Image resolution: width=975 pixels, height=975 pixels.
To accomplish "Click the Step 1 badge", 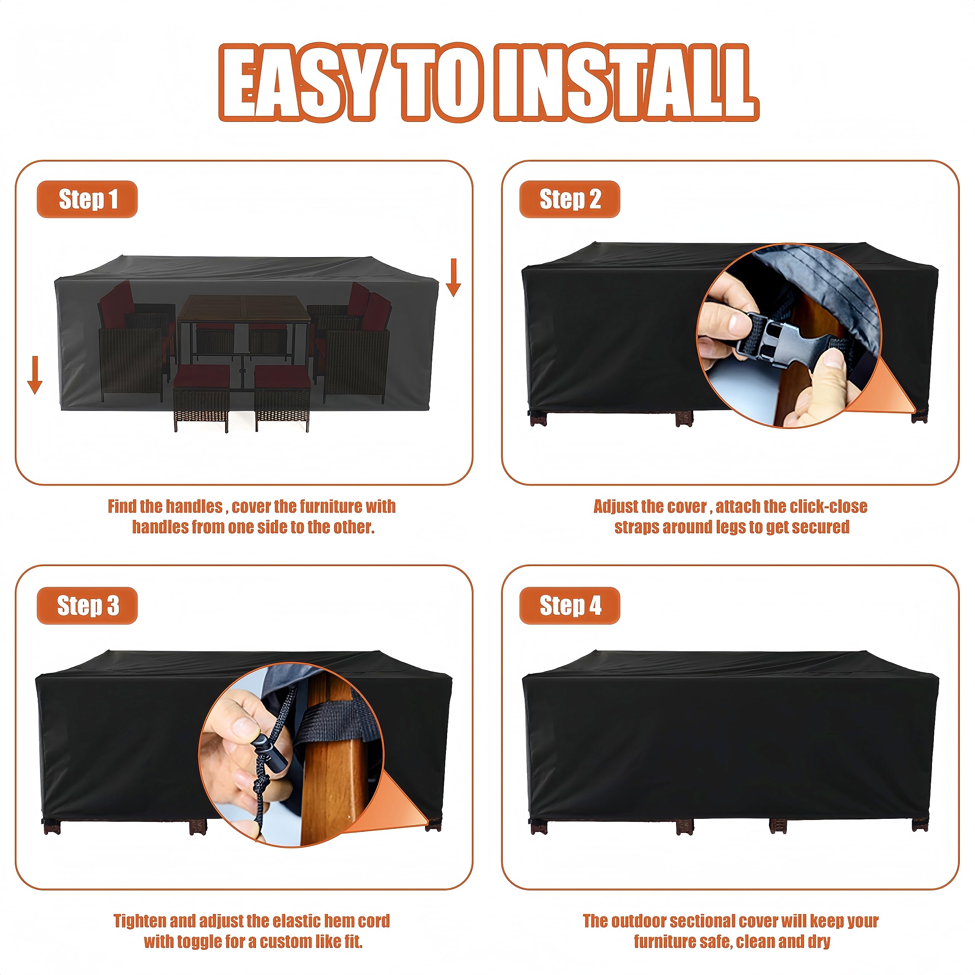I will click(x=87, y=199).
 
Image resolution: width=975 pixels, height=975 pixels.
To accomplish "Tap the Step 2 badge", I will click(x=569, y=199).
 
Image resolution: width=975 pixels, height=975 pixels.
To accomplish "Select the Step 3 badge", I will click(x=87, y=606).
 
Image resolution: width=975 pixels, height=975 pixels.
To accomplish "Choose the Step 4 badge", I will click(x=569, y=606).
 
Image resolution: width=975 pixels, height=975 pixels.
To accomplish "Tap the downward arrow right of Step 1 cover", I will click(x=453, y=277).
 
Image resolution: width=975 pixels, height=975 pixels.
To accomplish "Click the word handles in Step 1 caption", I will click(x=194, y=506).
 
